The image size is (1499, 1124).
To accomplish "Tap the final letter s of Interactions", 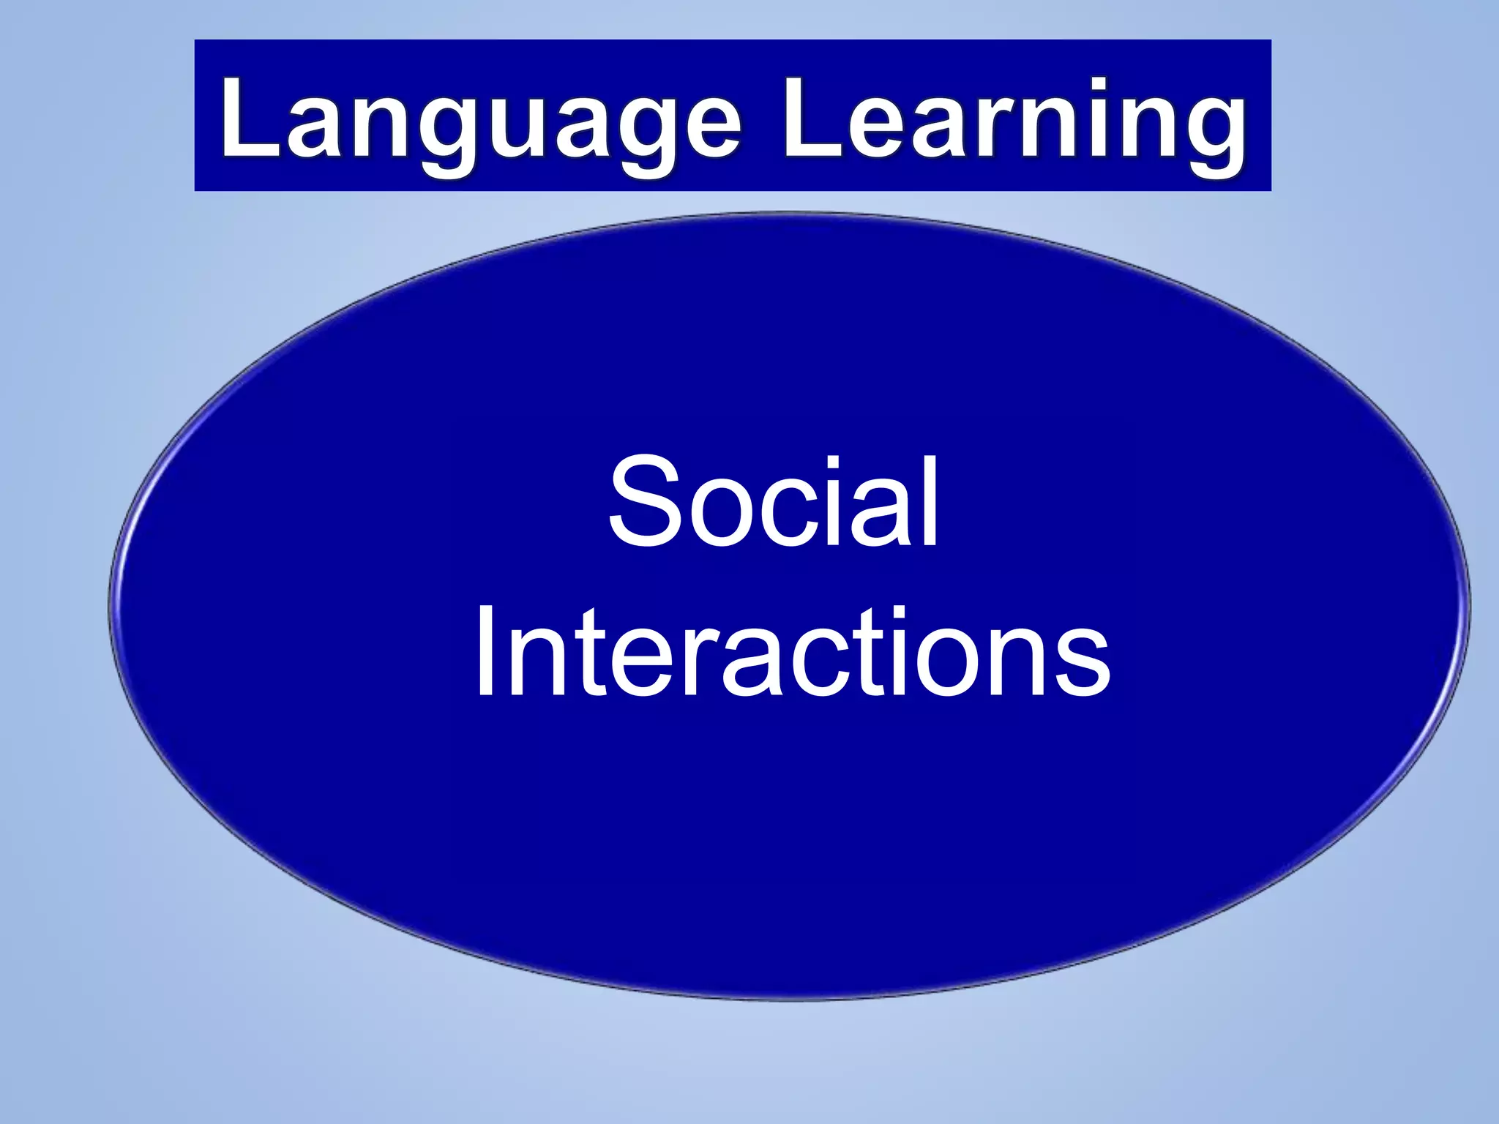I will point(1083,662).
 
